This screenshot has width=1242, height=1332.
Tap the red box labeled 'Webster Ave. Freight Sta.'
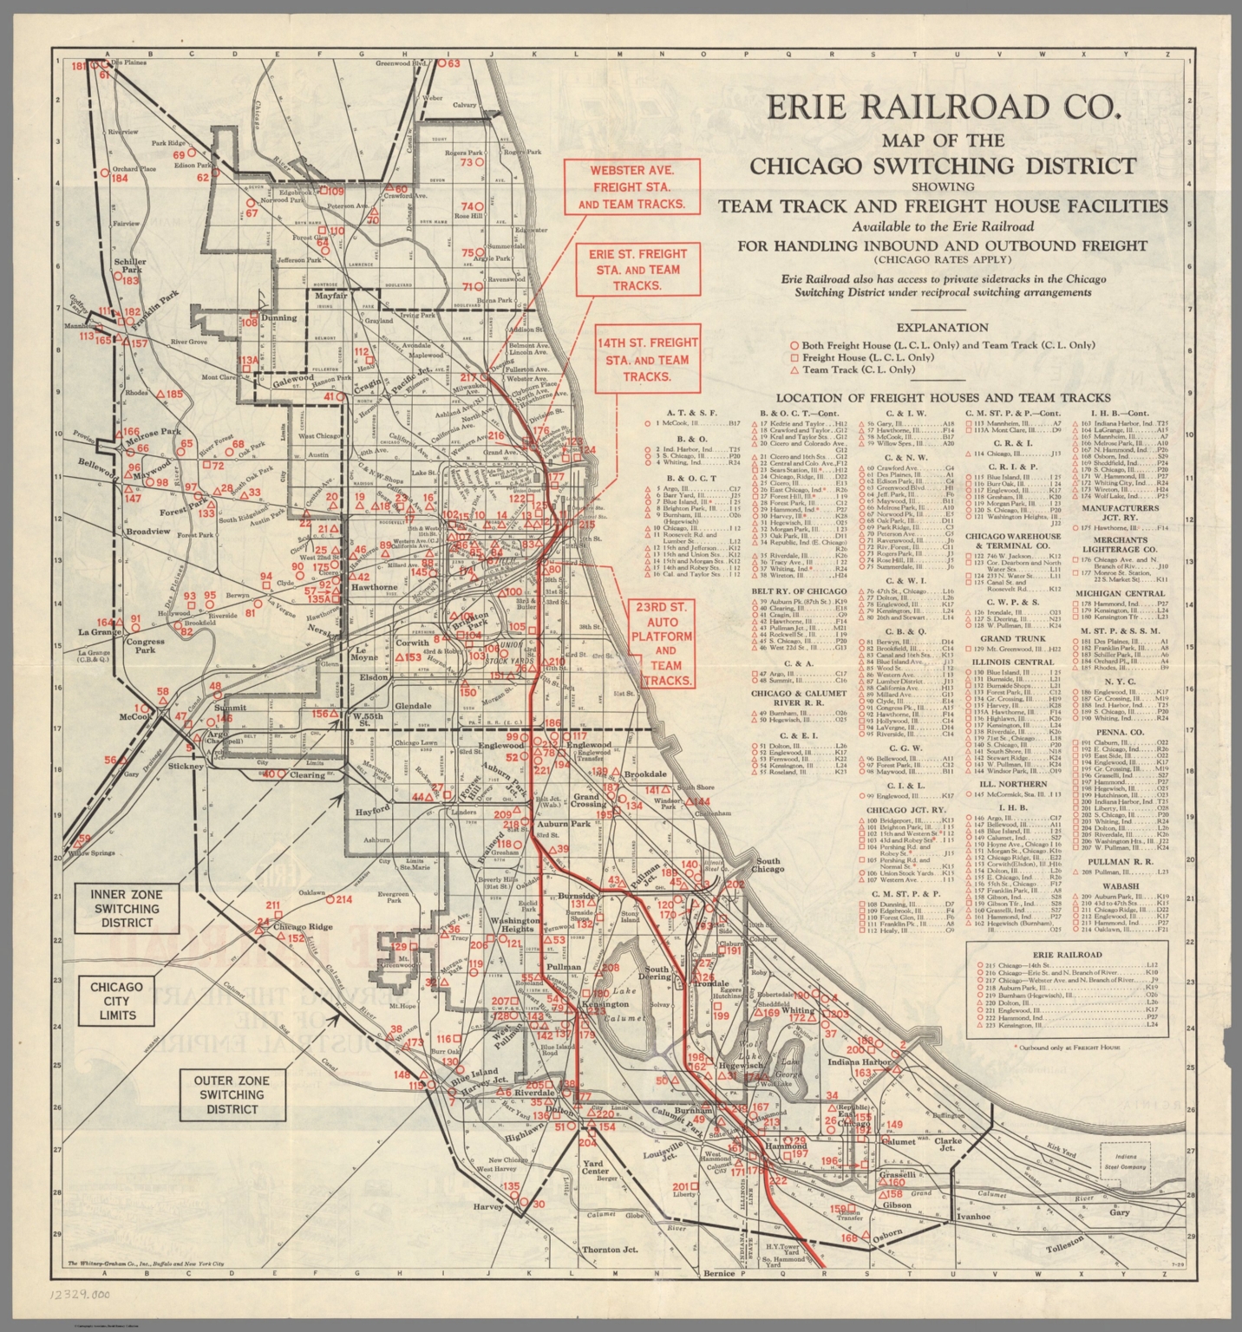[631, 186]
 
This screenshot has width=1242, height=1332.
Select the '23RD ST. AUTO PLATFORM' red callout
[665, 643]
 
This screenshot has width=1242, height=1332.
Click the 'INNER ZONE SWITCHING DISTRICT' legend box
[127, 908]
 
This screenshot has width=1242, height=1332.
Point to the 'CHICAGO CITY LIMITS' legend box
[116, 1001]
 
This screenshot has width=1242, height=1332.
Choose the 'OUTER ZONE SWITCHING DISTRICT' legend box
[232, 1094]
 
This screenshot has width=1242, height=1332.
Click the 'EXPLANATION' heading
[942, 328]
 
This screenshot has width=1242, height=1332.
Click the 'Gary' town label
[1120, 1212]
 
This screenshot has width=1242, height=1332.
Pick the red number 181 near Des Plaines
[79, 66]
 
